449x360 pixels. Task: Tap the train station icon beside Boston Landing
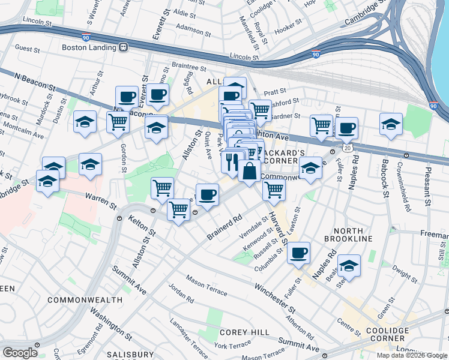tap(124, 47)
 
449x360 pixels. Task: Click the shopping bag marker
tap(249, 172)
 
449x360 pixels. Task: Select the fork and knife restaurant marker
tap(232, 161)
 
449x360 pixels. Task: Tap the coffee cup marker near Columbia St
tap(298, 252)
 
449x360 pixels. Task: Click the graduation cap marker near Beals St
tap(349, 265)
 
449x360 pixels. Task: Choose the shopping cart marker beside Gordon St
tap(118, 122)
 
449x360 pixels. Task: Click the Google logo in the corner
tap(20, 352)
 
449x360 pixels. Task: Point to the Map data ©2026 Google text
tap(412, 355)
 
